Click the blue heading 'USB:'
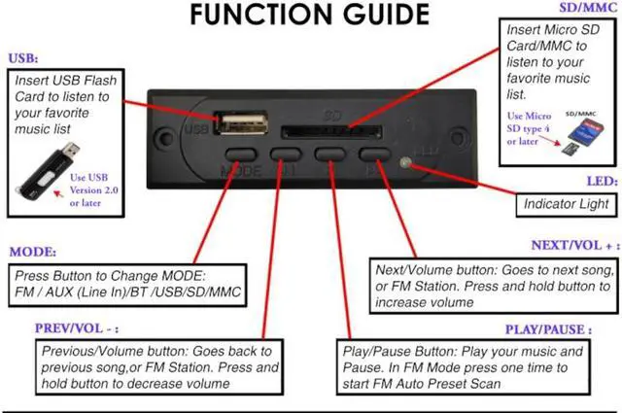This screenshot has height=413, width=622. pyautogui.click(x=24, y=58)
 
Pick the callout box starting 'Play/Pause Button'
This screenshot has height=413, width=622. pyautogui.click(x=464, y=363)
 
